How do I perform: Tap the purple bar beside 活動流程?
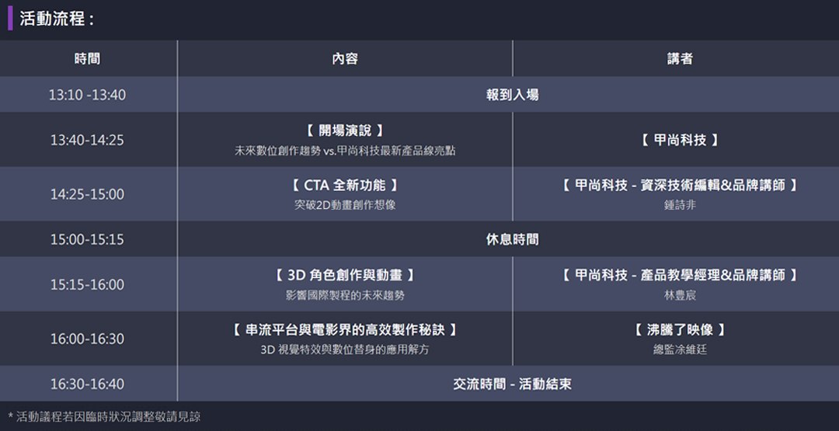coord(10,18)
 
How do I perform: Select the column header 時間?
coord(87,59)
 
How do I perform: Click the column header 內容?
coord(344,59)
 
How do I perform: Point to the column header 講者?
coord(680,59)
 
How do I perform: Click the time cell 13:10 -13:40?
coord(87,95)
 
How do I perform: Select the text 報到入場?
coord(512,95)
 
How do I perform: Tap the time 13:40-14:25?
coord(87,141)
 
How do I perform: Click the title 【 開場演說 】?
coord(344,130)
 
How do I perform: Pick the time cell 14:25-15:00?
coord(87,194)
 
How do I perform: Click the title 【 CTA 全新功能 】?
coord(344,186)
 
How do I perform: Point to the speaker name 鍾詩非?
coord(680,206)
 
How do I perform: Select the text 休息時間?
coord(512,239)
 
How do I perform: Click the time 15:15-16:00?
coord(87,285)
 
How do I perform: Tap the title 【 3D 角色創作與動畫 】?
coord(344,276)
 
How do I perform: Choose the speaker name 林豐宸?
coord(680,296)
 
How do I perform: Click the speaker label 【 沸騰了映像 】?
coord(680,330)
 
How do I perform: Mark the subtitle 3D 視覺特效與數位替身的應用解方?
coord(344,349)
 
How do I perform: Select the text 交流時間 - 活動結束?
coord(512,384)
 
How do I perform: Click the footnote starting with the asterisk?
coord(104,417)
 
